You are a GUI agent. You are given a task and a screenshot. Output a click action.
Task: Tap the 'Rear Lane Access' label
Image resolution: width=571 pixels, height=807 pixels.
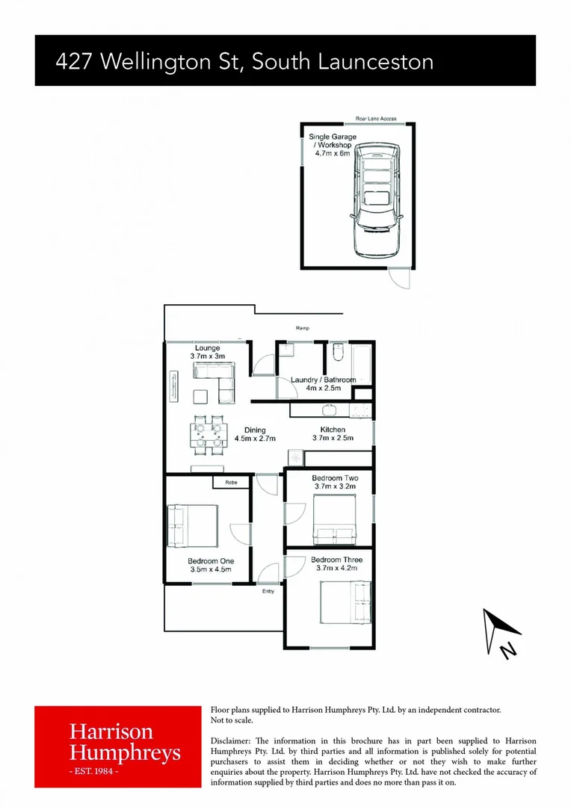(x=376, y=119)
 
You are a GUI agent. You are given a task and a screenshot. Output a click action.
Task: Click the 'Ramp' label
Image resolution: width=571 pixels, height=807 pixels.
(x=303, y=328)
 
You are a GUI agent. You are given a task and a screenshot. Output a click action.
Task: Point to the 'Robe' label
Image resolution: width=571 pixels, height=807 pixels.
(x=231, y=483)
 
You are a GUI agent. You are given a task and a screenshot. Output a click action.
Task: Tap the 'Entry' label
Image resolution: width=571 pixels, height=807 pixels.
(x=268, y=591)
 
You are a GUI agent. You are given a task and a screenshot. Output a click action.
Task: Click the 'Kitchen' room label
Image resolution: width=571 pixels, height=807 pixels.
(x=333, y=430)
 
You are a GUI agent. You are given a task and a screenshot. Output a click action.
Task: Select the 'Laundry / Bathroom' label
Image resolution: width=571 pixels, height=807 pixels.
(x=323, y=380)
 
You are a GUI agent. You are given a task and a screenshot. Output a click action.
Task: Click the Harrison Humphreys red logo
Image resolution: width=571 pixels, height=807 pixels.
(x=118, y=746)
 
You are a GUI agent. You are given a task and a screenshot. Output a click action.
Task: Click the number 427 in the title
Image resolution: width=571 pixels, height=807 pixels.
(x=75, y=61)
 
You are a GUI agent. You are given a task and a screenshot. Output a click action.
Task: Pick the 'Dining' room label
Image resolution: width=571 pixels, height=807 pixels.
(x=255, y=430)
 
